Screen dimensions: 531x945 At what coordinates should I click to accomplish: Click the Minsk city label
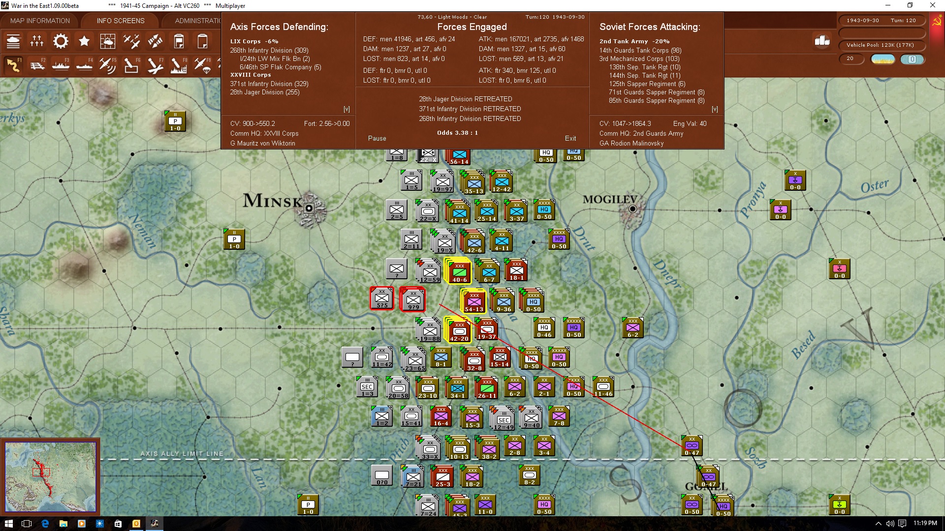[x=272, y=201]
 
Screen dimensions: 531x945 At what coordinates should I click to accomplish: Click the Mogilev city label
[x=610, y=200]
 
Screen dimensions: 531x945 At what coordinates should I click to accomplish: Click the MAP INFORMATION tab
[x=40, y=21]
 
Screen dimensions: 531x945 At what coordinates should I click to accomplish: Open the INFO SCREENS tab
[x=121, y=21]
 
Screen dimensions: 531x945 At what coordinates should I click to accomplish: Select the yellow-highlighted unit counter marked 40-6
[x=459, y=272]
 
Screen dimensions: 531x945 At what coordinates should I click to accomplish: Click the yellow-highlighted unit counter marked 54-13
[x=474, y=301]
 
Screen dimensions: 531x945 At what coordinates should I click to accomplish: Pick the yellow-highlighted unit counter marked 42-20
[x=459, y=331]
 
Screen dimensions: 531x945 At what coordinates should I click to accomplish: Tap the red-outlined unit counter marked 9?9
[x=413, y=299]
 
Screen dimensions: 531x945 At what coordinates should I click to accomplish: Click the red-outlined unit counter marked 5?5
[x=382, y=298]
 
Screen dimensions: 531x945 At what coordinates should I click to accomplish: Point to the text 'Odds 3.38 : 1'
[x=457, y=133]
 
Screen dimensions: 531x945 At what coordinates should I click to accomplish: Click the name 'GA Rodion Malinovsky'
[x=631, y=144]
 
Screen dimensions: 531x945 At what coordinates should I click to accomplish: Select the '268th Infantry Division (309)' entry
[x=269, y=51]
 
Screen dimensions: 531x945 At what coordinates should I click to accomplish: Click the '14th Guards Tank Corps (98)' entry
[x=640, y=51]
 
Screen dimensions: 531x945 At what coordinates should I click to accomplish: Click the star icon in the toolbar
[x=84, y=41]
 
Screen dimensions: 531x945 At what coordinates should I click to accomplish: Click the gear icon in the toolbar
[x=61, y=41]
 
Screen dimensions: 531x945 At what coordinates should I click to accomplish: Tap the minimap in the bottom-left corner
[x=50, y=476]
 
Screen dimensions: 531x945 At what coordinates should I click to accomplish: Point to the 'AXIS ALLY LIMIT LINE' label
[x=182, y=454]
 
